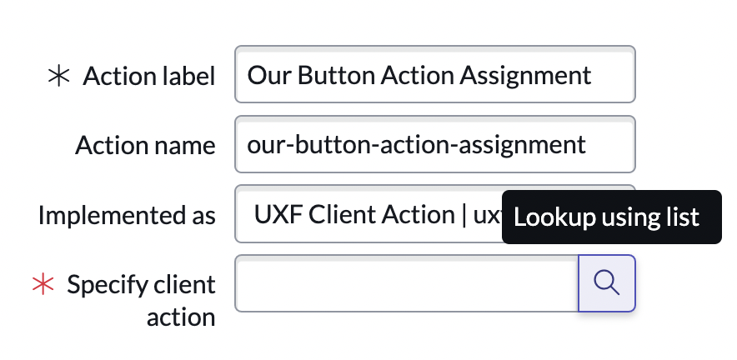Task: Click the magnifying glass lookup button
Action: click(x=607, y=283)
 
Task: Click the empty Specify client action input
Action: click(x=407, y=283)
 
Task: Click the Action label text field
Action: click(x=434, y=75)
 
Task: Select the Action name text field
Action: click(x=434, y=144)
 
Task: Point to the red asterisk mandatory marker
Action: click(x=42, y=284)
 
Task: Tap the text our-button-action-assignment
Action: click(x=417, y=144)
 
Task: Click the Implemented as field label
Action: click(x=127, y=215)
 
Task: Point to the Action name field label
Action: click(x=145, y=145)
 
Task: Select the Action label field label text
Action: click(x=149, y=76)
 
